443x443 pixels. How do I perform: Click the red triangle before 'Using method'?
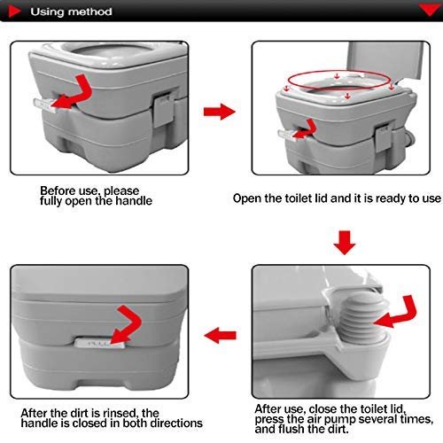click(x=12, y=13)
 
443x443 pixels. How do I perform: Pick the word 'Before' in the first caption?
click(x=56, y=190)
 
